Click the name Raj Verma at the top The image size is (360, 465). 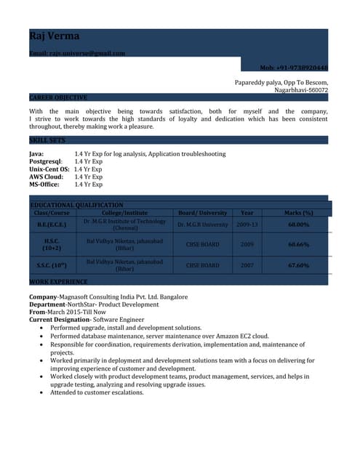(55, 36)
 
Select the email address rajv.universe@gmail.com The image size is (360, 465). (77, 53)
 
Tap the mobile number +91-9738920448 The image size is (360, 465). (294, 67)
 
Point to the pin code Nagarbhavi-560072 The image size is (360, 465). (300, 90)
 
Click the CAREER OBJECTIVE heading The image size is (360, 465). (58, 97)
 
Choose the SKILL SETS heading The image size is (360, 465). (47, 139)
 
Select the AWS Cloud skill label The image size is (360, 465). (46, 177)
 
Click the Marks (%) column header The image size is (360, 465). (298, 213)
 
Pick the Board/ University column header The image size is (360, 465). (203, 213)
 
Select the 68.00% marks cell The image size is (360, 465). (298, 225)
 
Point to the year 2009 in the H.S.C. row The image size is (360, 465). (247, 244)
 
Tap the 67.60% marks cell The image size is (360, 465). (298, 265)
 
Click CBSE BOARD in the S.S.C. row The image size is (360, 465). (203, 266)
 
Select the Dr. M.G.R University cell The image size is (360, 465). (203, 225)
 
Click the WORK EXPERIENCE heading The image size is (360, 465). (58, 281)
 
